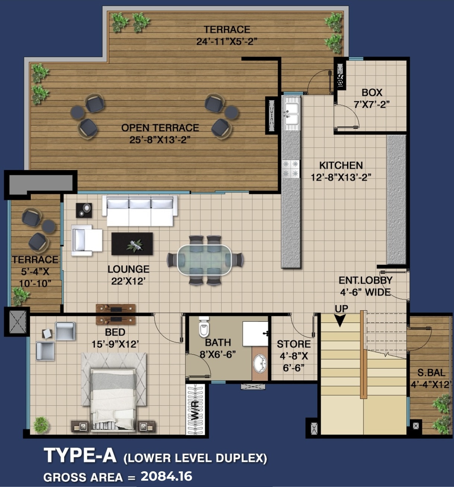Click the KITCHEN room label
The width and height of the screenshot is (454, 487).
tap(341, 165)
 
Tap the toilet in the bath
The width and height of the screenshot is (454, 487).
tap(204, 327)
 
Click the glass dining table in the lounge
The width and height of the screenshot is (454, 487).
tap(204, 260)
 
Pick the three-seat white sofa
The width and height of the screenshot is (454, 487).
tap(140, 211)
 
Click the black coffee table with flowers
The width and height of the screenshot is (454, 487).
tap(132, 244)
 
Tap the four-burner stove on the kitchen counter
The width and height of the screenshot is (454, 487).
tap(291, 169)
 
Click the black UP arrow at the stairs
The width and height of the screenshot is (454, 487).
tap(340, 320)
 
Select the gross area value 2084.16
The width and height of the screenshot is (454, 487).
tap(166, 476)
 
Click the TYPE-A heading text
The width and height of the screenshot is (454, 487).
tap(80, 455)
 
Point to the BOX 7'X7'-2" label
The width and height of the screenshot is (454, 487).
tap(372, 98)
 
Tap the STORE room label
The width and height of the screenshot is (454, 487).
tap(294, 344)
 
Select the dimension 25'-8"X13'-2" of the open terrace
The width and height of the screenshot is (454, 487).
tap(160, 140)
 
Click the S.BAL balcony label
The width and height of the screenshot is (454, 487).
tap(431, 373)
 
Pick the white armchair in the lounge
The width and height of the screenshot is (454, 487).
tap(87, 240)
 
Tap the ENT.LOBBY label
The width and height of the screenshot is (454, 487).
tap(365, 280)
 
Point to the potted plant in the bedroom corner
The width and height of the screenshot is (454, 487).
tap(41, 425)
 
